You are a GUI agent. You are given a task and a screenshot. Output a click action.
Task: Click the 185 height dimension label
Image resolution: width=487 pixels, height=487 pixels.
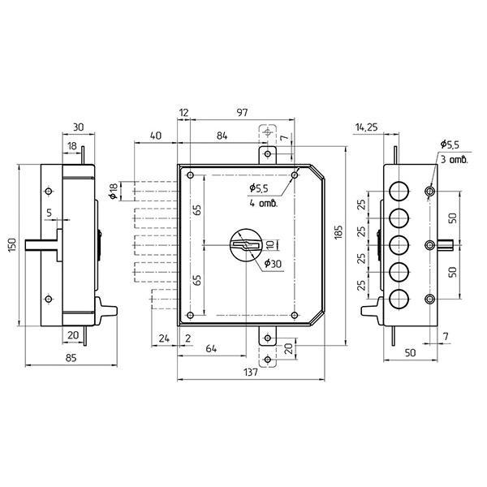click(338, 232)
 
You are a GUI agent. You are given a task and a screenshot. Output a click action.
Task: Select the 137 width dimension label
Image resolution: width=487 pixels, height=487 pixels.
click(250, 372)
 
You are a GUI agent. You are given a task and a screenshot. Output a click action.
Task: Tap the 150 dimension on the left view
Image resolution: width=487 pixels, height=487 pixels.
click(11, 245)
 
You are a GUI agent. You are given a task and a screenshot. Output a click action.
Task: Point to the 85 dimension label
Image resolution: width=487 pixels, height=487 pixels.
click(71, 358)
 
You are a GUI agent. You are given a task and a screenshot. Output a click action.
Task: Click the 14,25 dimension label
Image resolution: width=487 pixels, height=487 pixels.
click(367, 127)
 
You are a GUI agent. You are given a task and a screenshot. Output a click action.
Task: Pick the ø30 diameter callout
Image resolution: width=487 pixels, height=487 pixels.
click(273, 264)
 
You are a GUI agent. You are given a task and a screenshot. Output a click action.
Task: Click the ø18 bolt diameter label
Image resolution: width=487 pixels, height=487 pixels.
click(113, 191)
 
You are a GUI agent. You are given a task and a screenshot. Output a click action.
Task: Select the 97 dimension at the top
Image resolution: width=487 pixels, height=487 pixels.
click(242, 113)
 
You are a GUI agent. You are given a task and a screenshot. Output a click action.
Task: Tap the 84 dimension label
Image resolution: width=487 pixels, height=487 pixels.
click(222, 136)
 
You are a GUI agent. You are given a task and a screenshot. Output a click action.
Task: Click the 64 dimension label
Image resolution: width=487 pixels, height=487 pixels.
click(211, 348)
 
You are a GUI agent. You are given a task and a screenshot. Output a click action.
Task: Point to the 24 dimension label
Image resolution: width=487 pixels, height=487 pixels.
click(164, 338)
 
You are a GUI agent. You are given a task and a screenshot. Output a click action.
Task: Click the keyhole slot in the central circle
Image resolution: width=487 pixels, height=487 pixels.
click(246, 245)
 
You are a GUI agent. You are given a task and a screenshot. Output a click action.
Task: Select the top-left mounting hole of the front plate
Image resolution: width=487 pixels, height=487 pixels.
click(191, 175)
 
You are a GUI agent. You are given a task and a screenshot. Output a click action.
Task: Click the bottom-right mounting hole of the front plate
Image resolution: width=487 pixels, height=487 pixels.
click(295, 315)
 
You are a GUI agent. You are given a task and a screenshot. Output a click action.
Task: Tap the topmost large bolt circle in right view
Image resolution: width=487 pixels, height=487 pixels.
click(399, 191)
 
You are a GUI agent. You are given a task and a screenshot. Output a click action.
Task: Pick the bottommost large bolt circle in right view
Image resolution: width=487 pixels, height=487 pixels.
click(399, 299)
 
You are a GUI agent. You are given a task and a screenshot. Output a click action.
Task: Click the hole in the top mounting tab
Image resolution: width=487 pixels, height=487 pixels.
click(267, 153)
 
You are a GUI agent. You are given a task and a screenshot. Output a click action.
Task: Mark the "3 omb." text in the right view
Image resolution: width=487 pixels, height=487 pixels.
click(454, 160)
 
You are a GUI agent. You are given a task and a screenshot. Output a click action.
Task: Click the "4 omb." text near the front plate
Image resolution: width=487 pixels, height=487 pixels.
click(263, 204)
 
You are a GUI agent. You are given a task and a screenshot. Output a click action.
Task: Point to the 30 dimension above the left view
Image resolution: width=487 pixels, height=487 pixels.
click(78, 127)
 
